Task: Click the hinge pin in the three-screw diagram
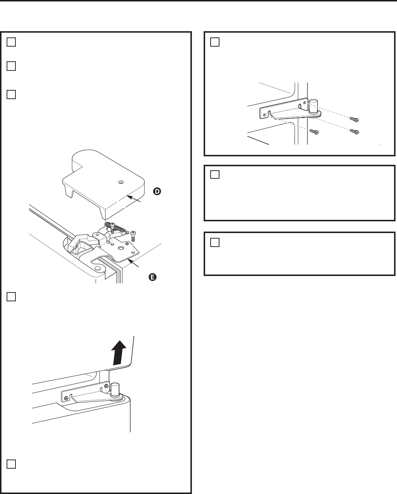(313, 106)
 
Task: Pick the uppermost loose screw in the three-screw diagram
(354, 119)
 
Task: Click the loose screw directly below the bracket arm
(314, 131)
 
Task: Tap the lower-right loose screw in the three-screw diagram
(354, 131)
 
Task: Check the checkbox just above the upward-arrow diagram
(11, 297)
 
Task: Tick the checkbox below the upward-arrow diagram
(11, 464)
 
